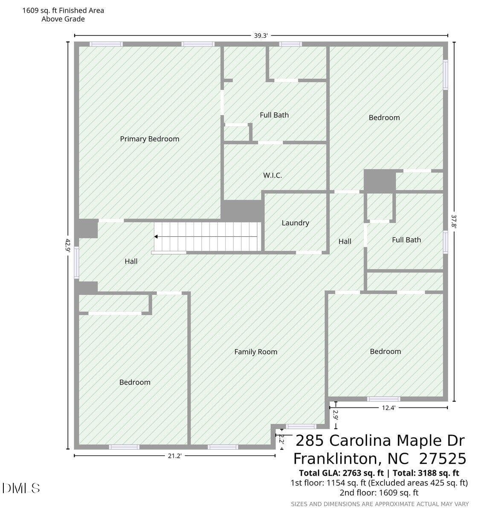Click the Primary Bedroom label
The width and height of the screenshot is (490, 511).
149,139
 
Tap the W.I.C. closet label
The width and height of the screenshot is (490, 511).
273,175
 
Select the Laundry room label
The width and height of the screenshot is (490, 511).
296,223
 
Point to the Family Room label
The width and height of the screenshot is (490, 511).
255,352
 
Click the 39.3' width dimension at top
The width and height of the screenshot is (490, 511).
261,36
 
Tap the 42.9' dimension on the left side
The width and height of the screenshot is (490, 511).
68,245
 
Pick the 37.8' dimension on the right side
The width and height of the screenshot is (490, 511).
454,221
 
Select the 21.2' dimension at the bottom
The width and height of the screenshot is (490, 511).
175,456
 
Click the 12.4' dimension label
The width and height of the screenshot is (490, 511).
389,408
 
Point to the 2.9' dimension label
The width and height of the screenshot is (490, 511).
335,415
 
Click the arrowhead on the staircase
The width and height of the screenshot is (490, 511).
156,237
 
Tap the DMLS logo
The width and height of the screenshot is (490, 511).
21,488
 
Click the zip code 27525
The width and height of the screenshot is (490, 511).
443,459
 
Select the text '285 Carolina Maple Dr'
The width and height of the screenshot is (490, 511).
380,440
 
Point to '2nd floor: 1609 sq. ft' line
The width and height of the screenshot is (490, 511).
379,493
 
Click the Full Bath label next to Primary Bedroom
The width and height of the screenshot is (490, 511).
274,115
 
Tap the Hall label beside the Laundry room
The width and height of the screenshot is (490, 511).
345,241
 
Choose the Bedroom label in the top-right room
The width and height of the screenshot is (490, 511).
384,118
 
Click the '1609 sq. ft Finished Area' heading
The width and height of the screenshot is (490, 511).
63,11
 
